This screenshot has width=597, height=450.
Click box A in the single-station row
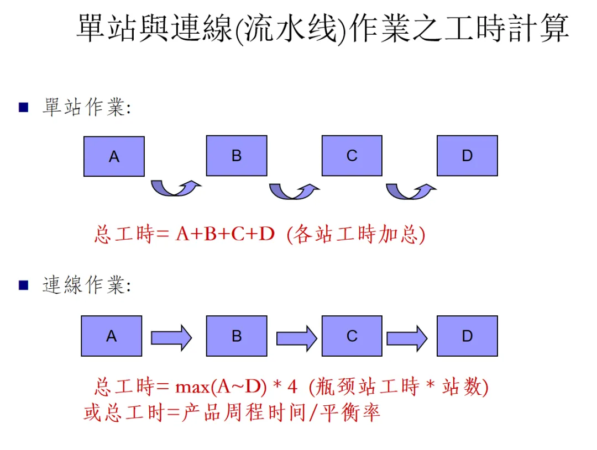114,156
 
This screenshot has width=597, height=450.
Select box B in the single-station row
237,156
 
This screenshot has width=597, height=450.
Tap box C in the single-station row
352,156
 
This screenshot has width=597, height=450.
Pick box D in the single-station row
467,156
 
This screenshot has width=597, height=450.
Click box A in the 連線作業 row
112,336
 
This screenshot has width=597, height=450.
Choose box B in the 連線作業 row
237,336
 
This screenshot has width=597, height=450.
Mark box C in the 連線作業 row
352,336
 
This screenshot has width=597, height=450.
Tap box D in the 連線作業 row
467,336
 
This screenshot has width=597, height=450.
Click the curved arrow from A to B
175,188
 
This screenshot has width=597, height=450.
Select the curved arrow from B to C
294,191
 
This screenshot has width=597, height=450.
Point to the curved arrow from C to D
410,191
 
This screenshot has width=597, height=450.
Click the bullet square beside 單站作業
23,107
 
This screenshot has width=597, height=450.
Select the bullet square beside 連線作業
23,285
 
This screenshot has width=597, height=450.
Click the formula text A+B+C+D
225,235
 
